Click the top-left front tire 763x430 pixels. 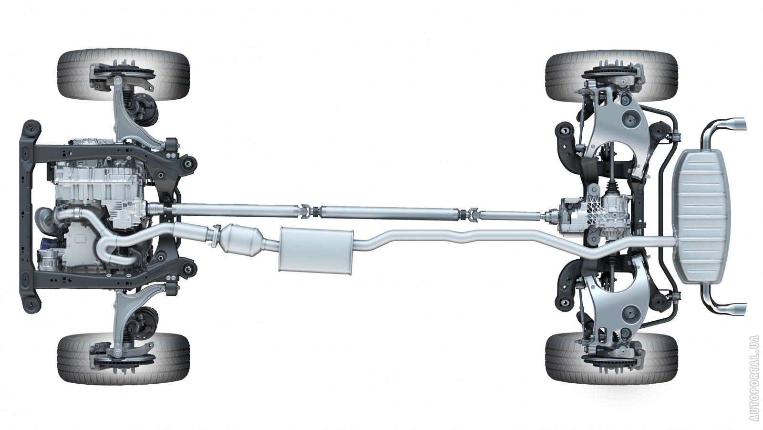point(124,76)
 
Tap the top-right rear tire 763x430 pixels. point(611,76)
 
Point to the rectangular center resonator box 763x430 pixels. point(316,250)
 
